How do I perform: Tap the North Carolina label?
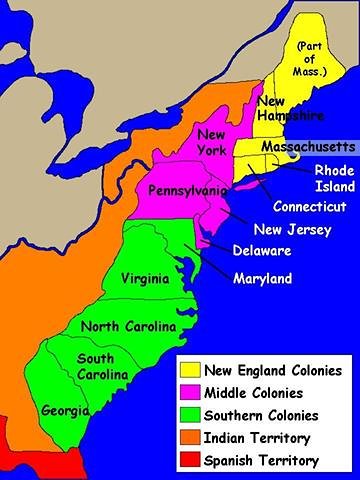(x=128, y=327)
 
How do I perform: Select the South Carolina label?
(x=102, y=366)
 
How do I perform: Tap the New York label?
(x=212, y=143)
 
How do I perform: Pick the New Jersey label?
(x=285, y=229)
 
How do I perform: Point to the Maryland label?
(x=264, y=277)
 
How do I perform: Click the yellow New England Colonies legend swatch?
(x=189, y=369)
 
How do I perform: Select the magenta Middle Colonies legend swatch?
(x=189, y=392)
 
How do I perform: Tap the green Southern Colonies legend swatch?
(x=189, y=415)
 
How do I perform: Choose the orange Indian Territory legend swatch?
(x=189, y=438)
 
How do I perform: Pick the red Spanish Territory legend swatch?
(x=189, y=460)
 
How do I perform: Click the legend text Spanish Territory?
(x=261, y=460)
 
